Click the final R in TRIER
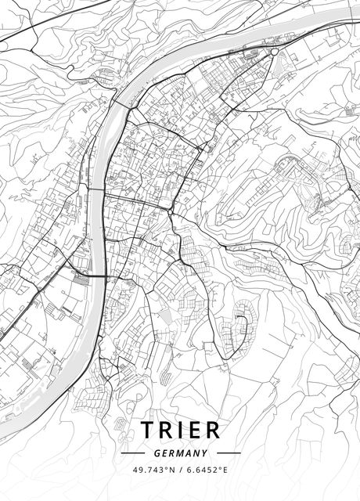(213, 430)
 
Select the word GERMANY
(180, 452)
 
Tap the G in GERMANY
(157, 452)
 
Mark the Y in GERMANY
(204, 452)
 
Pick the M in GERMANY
(180, 452)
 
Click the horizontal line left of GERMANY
(133, 452)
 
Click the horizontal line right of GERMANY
(229, 452)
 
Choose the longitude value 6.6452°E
(205, 470)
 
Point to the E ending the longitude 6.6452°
(225, 470)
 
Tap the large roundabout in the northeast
(274, 52)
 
